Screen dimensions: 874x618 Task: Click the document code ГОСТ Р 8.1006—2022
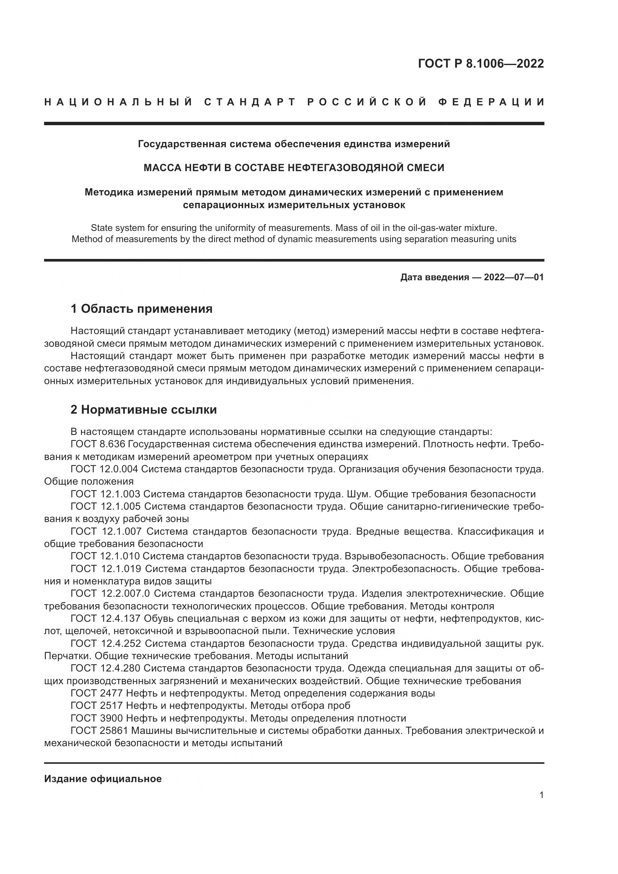[x=481, y=64]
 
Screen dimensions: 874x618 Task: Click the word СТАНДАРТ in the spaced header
[x=250, y=102]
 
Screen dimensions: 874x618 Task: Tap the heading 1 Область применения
[x=142, y=309]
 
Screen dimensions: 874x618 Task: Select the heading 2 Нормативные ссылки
[x=144, y=410]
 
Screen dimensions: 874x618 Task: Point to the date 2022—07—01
[x=514, y=277]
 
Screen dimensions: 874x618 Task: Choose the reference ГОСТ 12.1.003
[x=105, y=494]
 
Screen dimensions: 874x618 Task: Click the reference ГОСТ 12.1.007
[x=106, y=531]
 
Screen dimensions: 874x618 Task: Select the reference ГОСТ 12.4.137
[x=105, y=618]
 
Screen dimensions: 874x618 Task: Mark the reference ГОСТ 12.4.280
[x=105, y=668]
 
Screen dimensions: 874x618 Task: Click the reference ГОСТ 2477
[x=97, y=693]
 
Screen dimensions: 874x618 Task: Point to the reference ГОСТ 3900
[x=97, y=718]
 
